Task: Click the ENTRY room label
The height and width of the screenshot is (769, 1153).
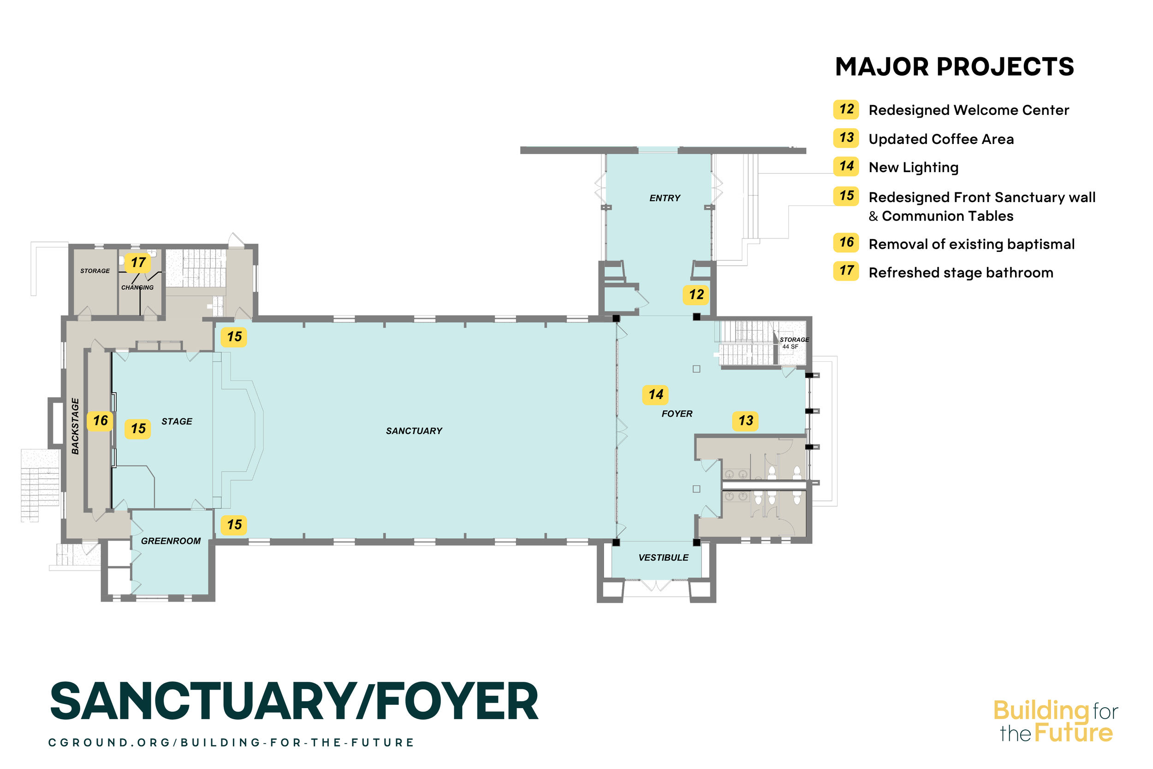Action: click(665, 198)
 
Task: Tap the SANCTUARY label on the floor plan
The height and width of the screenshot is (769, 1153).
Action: click(414, 431)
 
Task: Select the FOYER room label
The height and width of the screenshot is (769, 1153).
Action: click(677, 414)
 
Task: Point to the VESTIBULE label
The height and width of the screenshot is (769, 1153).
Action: click(663, 558)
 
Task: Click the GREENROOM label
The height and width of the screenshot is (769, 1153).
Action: click(171, 541)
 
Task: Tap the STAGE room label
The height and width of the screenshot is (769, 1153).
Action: click(177, 421)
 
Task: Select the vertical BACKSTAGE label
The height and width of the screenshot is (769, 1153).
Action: click(75, 426)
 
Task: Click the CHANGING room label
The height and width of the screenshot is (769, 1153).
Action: click(137, 287)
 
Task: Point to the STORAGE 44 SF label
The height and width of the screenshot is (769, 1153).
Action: click(794, 343)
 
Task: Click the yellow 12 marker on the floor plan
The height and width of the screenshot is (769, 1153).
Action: click(696, 295)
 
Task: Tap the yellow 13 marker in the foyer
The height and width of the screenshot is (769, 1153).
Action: click(746, 421)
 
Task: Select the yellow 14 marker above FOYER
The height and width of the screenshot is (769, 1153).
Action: click(655, 394)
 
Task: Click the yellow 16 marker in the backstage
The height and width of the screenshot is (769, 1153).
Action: click(101, 421)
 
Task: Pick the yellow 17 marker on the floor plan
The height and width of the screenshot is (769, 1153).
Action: click(138, 263)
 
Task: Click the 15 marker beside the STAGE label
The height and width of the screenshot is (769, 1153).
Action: click(138, 429)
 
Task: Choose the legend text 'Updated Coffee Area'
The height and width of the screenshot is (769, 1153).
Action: click(941, 139)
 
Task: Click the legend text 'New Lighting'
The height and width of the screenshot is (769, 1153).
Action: click(913, 168)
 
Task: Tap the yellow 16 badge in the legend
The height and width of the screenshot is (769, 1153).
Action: click(846, 242)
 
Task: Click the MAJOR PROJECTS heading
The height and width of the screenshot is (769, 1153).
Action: click(955, 67)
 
